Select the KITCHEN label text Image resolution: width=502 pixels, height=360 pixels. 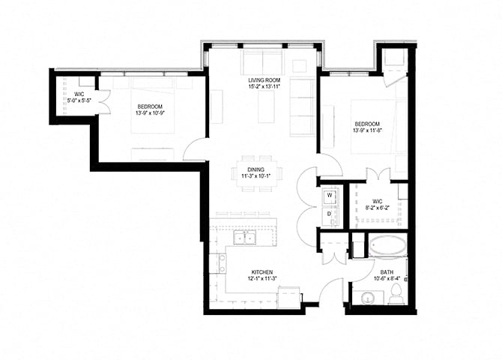pyautogui.click(x=261, y=272)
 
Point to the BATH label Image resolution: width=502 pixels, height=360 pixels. pyautogui.click(x=387, y=272)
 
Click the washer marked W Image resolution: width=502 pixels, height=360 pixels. pyautogui.click(x=330, y=197)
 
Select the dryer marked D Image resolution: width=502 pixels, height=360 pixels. pyautogui.click(x=330, y=214)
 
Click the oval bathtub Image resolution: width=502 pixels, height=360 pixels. pyautogui.click(x=385, y=245)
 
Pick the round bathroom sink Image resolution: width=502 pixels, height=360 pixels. pyautogui.click(x=368, y=298)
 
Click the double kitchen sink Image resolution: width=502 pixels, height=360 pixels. pyautogui.click(x=244, y=239)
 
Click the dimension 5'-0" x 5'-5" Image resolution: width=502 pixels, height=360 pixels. pyautogui.click(x=79, y=100)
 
